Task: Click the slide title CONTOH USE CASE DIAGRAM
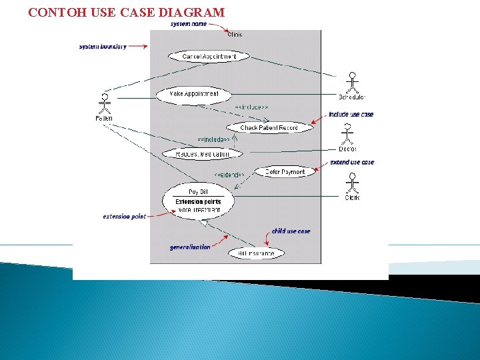click(127, 12)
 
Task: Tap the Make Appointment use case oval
click(194, 94)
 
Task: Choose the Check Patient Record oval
click(269, 127)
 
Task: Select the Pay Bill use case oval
click(198, 201)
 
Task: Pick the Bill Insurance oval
click(257, 253)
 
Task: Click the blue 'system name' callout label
click(189, 24)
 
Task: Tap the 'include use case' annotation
click(351, 115)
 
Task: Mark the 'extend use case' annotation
click(352, 162)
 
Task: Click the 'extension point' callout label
click(124, 217)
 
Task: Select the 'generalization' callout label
click(190, 247)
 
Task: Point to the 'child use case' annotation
click(291, 231)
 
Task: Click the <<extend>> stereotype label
click(229, 175)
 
